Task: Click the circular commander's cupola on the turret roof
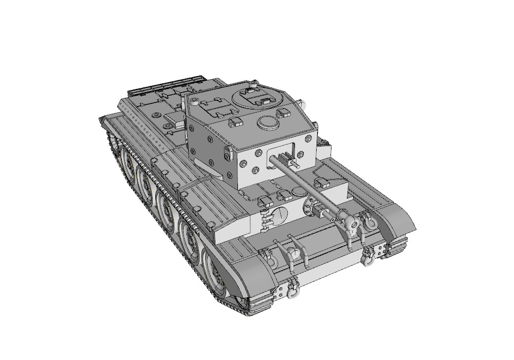255,98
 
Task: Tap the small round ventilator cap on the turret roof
267,122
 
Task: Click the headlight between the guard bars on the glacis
292,253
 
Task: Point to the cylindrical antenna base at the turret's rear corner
193,103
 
